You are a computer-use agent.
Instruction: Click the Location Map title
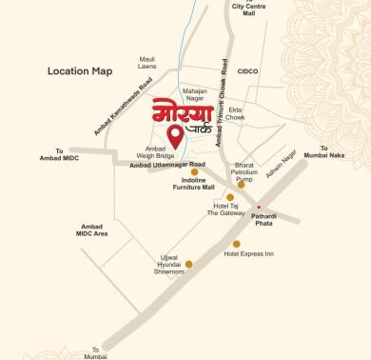point(80,71)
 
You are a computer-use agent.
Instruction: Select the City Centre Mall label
point(249,10)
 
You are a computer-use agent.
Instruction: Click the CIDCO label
point(248,70)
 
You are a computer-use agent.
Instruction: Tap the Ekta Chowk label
point(236,113)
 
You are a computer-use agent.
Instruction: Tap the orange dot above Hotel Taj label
point(230,197)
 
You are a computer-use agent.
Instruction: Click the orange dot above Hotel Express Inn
point(237,244)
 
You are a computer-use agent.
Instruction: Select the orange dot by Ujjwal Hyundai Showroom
point(188,264)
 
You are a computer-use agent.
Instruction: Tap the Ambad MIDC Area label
point(92,229)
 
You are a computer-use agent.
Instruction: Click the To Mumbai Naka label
point(337,151)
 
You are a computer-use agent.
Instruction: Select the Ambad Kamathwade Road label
point(124,106)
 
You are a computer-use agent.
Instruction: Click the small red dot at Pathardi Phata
point(258,205)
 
